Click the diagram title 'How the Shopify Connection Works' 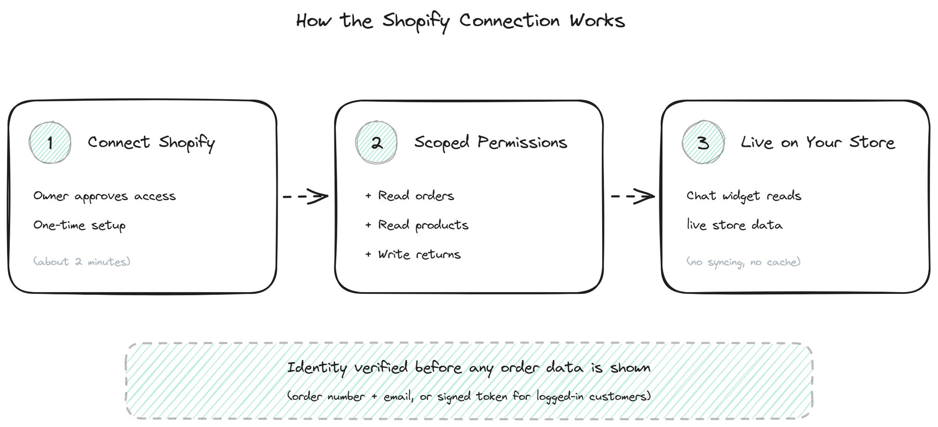(461, 21)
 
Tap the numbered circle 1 (50, 142)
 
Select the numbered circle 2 (376, 142)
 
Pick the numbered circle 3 (703, 142)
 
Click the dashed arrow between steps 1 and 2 (305, 196)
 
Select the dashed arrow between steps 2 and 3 (633, 196)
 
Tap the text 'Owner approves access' (105, 196)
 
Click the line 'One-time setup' (79, 225)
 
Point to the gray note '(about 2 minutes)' (82, 262)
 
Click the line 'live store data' (734, 225)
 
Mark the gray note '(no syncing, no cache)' (743, 262)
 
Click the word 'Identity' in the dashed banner (317, 368)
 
